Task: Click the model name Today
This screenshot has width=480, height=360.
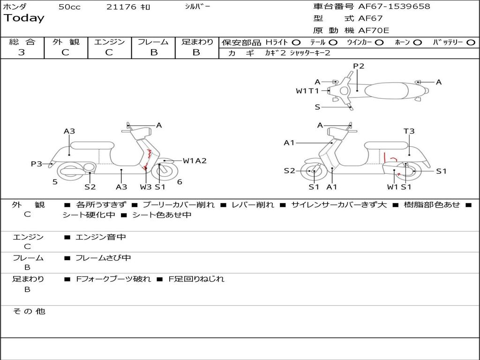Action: click(24, 18)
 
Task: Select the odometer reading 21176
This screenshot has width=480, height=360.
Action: click(121, 7)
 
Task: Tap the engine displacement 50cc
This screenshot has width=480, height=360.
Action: click(69, 7)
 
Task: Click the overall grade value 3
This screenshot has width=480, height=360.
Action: click(22, 52)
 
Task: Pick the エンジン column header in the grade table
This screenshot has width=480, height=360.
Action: click(109, 42)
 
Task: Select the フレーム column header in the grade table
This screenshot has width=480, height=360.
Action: click(153, 42)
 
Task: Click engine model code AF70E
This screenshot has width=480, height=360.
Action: click(373, 30)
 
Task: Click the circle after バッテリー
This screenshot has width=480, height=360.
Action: click(471, 42)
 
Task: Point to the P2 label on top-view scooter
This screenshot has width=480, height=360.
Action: click(359, 66)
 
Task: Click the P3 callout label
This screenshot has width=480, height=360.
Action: click(37, 164)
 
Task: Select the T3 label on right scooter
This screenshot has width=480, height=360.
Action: click(409, 131)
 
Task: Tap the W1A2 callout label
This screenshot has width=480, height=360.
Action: click(195, 161)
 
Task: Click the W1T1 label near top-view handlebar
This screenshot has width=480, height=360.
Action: click(307, 91)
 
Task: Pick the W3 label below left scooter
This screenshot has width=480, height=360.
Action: click(146, 187)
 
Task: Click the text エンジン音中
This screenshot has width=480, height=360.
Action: click(101, 237)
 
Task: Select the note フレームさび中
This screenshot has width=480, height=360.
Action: click(103, 258)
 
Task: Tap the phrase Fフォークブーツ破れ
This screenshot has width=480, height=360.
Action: click(113, 279)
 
